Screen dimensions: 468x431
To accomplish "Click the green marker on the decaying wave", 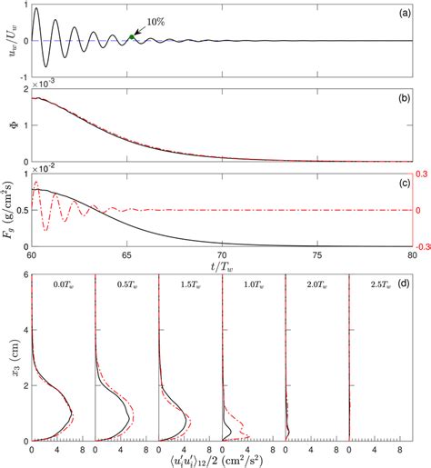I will pos(132,37).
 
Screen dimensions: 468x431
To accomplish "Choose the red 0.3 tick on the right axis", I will pos(421,174).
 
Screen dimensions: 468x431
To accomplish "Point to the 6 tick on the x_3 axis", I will pos(24,283).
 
